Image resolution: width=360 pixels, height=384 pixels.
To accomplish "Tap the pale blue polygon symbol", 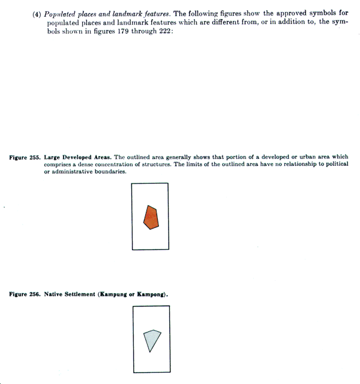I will tap(152, 340).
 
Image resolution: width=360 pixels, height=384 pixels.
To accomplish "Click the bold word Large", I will tap(54, 157).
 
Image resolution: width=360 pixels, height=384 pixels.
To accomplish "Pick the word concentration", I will tap(118, 164).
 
